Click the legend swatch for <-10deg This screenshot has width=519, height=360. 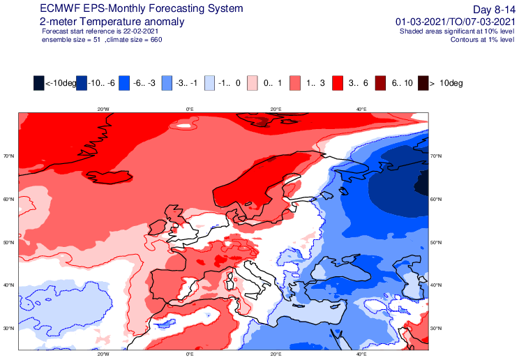[x=38, y=83]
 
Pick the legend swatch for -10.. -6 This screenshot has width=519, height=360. [x=82, y=83]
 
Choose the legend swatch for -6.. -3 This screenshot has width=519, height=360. [x=124, y=83]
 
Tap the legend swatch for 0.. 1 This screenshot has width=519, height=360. [x=253, y=83]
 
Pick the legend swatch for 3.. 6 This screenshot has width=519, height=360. [x=338, y=83]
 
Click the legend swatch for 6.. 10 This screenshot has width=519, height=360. [x=381, y=83]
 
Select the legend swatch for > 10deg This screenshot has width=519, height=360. [x=423, y=83]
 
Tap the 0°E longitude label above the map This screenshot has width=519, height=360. [x=189, y=109]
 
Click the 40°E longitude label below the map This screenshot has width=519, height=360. [x=362, y=354]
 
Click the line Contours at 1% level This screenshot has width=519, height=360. [x=474, y=40]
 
